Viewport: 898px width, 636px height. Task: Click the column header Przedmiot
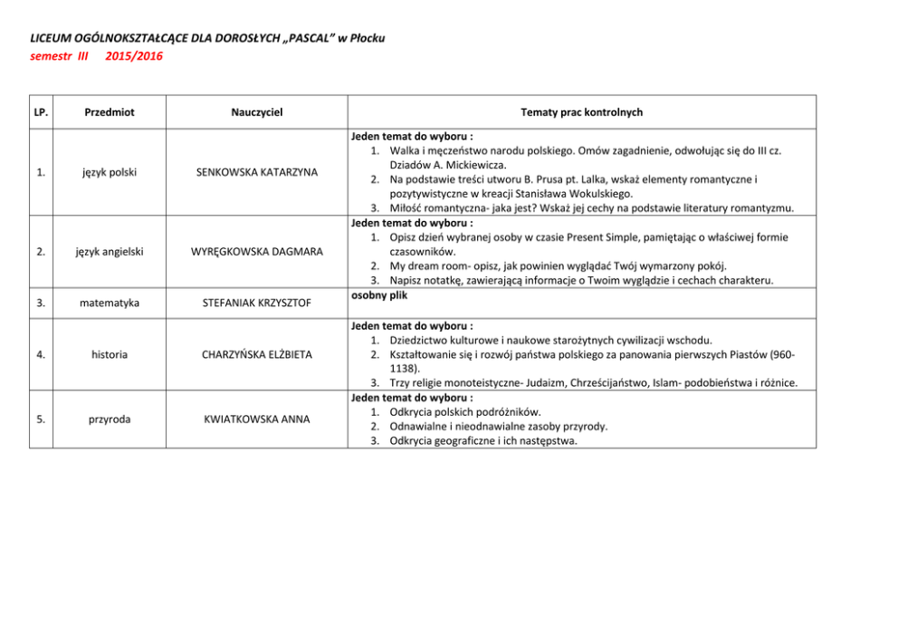(109, 112)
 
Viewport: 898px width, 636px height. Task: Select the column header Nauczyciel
(257, 112)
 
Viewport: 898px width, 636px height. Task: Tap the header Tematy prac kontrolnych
(582, 112)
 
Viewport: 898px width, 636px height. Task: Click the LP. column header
(41, 112)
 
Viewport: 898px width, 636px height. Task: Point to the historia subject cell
(109, 354)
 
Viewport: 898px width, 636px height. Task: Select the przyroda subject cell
(109, 419)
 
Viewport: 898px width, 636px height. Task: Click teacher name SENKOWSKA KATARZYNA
(257, 172)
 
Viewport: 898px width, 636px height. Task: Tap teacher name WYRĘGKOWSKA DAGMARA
(257, 251)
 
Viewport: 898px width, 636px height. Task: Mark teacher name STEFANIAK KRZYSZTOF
(257, 302)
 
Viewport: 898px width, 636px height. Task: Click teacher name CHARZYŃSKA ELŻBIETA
(257, 354)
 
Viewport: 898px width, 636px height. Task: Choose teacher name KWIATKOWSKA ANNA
(257, 419)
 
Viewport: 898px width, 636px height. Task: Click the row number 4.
(41, 354)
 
